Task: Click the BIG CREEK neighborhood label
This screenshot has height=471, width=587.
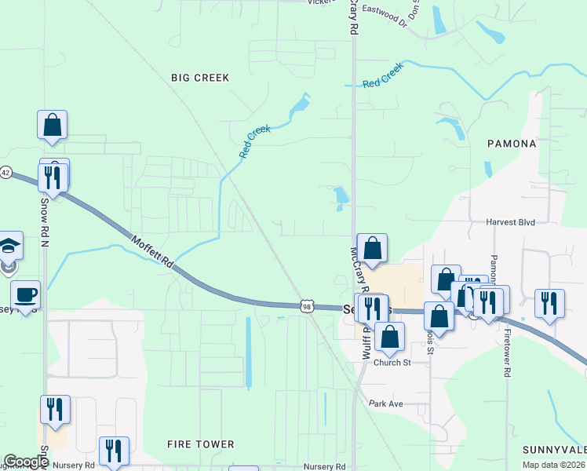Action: click(200, 78)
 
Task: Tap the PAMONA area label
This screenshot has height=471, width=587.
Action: click(512, 144)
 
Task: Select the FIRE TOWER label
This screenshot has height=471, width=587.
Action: click(200, 444)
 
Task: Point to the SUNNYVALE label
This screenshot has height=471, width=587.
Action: click(554, 450)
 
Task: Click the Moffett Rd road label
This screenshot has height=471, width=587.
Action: click(151, 253)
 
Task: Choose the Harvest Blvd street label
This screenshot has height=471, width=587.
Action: click(510, 222)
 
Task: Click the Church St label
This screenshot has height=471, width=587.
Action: click(392, 363)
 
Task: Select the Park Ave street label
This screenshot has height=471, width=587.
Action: click(385, 403)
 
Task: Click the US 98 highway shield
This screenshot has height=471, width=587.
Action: click(307, 306)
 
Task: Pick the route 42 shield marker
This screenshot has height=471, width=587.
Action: click(5, 173)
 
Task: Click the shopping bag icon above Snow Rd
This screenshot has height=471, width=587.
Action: click(52, 125)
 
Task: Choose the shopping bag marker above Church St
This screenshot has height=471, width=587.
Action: click(389, 337)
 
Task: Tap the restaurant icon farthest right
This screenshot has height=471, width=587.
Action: click(549, 303)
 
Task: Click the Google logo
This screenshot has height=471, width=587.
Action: click(26, 462)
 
